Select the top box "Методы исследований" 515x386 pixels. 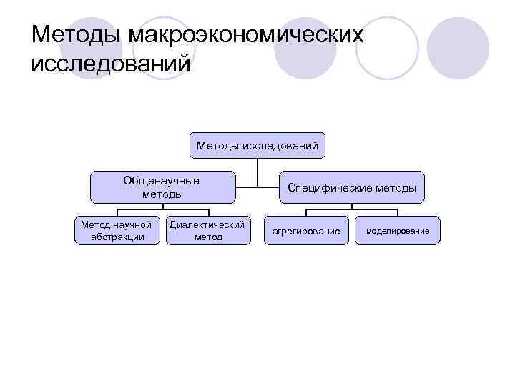point(257,147)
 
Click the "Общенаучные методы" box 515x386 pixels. point(162,187)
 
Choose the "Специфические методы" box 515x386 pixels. point(352,187)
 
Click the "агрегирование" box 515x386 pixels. point(306,231)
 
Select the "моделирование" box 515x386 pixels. point(398,231)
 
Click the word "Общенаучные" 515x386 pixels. point(161,181)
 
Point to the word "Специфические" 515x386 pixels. point(328,188)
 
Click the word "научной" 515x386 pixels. point(134,224)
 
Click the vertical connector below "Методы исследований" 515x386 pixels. point(257,174)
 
